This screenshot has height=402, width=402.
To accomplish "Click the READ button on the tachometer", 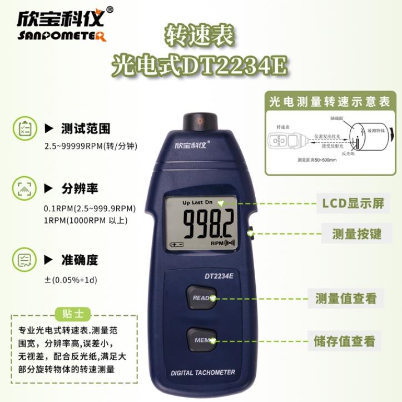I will [201, 298].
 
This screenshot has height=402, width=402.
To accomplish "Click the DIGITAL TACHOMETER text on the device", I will [202, 373].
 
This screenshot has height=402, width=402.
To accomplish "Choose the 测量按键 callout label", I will [356, 234].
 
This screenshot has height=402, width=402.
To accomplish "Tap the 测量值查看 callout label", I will [345, 299].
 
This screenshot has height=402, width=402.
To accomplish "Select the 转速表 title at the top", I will [200, 36].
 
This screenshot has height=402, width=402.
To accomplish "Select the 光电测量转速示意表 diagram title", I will [329, 102].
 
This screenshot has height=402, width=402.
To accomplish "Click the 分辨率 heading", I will [80, 188].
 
